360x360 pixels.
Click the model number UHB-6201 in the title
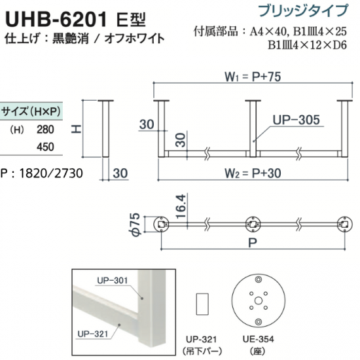click(x=56, y=19)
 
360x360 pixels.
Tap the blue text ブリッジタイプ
click(x=303, y=10)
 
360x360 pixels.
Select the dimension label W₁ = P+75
click(x=253, y=77)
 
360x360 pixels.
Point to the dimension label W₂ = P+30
click(x=253, y=173)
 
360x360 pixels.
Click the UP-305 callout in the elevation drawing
click(x=296, y=120)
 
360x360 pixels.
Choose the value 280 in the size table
click(x=45, y=130)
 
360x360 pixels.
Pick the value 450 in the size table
click(x=45, y=147)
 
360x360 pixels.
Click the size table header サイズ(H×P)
click(x=31, y=111)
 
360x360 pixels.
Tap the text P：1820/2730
click(x=41, y=173)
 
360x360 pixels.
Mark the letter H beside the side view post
click(x=76, y=129)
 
